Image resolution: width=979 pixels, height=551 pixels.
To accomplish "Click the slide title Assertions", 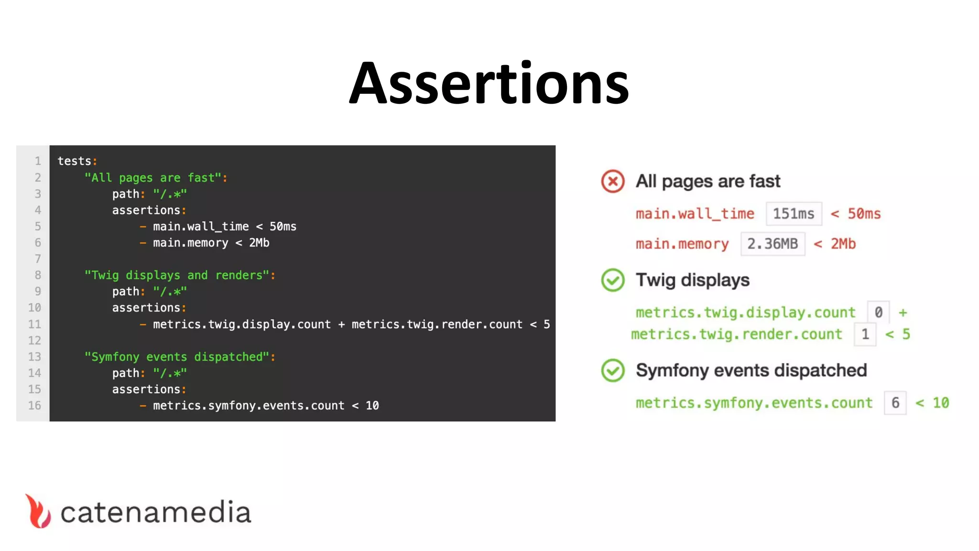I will (489, 83).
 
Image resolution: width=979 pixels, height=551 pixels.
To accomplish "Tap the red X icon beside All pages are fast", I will (612, 181).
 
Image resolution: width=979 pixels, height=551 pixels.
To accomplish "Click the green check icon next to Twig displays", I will (612, 280).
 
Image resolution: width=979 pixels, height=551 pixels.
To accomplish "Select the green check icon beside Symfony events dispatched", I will (612, 370).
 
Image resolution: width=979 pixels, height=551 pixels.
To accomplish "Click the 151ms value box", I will (794, 214).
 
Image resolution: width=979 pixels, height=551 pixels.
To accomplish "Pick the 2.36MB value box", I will (772, 244).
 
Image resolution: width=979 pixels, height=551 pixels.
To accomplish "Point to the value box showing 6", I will (895, 403).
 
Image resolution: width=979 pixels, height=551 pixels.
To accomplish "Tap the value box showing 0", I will (878, 312).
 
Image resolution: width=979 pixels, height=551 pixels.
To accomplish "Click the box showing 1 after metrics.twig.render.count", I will (865, 334).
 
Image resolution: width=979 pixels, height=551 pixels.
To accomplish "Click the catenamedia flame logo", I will (38, 511).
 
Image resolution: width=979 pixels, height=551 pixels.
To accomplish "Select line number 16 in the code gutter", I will (34, 406).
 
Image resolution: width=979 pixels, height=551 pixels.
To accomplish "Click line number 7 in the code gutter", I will (38, 259).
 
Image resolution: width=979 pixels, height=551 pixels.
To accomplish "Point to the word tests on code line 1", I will (74, 161).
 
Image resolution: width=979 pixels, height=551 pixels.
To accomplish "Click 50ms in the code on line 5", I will (283, 227).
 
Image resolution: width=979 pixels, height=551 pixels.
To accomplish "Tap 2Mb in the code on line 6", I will (259, 243).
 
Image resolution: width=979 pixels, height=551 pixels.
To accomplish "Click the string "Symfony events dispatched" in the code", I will (177, 357).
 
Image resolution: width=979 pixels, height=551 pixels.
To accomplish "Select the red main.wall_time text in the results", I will (695, 214).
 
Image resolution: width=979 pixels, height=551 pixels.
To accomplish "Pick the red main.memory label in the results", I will (682, 244).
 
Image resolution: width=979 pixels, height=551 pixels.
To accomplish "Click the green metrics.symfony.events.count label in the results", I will (754, 403).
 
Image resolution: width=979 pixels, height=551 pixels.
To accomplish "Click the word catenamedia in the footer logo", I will (155, 512).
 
